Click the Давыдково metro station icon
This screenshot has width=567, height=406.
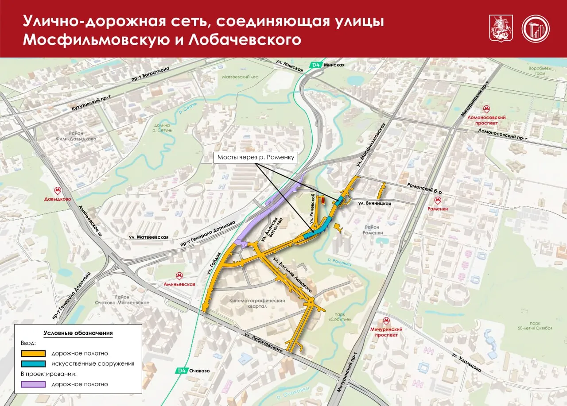pyautogui.click(x=57, y=191)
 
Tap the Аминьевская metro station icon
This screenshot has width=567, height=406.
pyautogui.click(x=180, y=276)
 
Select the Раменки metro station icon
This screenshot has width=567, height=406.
pyautogui.click(x=438, y=200)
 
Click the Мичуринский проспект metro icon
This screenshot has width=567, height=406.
pyautogui.click(x=386, y=321)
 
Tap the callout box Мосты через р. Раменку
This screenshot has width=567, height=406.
pyautogui.click(x=255, y=157)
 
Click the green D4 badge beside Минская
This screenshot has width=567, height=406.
pyautogui.click(x=315, y=65)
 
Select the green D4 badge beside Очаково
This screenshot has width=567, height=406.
pyautogui.click(x=181, y=371)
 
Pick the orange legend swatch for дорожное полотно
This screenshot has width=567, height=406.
pyautogui.click(x=33, y=353)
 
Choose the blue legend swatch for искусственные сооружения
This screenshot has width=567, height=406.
pyautogui.click(x=33, y=363)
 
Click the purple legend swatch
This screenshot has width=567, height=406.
pyautogui.click(x=33, y=384)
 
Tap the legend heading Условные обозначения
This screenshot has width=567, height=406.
pyautogui.click(x=78, y=333)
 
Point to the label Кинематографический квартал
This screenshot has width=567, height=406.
pyautogui.click(x=257, y=303)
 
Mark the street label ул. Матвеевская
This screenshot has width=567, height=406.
pyautogui.click(x=148, y=237)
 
